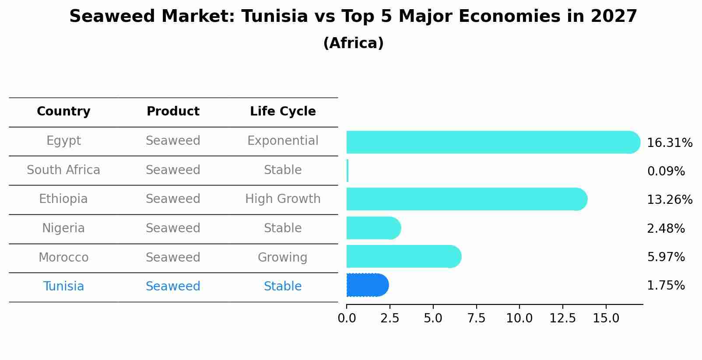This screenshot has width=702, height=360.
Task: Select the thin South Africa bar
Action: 347,171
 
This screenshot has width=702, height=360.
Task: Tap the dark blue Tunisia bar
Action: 367,285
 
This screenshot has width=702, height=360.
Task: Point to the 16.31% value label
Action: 669,143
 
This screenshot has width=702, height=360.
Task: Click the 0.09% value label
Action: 666,171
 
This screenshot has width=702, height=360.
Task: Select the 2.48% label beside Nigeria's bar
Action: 666,229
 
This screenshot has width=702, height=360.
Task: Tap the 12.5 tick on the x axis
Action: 562,318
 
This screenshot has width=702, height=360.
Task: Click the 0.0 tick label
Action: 347,318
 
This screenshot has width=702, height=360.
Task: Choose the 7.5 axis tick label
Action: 476,318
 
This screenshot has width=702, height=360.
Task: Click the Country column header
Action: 63,112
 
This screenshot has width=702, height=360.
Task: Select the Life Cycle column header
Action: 283,112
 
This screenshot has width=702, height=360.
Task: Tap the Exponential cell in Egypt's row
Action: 283,141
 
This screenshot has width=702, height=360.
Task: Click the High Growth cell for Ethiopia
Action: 283,199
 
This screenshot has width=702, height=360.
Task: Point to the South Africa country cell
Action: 63,170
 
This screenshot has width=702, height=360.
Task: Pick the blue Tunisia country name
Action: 63,287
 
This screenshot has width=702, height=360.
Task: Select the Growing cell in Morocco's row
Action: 283,257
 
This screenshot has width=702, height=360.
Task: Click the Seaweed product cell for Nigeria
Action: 173,228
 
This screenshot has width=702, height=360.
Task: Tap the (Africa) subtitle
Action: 353,43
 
